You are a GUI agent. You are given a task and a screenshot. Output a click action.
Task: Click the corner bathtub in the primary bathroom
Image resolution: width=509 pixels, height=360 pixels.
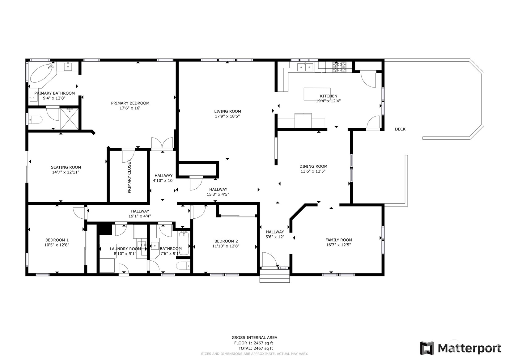(x=42, y=73)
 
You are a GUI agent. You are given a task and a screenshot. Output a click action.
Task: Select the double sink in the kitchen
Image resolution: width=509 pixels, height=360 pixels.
(x=305, y=67)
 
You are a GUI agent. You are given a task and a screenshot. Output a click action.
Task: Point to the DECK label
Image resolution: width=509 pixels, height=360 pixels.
(x=400, y=129)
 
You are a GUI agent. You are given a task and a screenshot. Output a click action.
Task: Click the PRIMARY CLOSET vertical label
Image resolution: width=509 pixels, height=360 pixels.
(x=129, y=177)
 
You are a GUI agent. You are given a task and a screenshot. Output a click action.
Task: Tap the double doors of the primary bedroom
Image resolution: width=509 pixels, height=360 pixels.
(x=162, y=144)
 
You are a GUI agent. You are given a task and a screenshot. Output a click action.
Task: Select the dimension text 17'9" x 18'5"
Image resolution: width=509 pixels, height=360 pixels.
(x=227, y=117)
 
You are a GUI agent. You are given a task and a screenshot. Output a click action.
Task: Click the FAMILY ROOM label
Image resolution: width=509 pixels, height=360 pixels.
(x=339, y=240)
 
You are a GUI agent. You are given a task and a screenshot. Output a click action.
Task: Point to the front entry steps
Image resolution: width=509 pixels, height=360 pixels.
(x=274, y=276)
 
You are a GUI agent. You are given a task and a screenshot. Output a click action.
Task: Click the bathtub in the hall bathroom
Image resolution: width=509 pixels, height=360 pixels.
(x=184, y=244)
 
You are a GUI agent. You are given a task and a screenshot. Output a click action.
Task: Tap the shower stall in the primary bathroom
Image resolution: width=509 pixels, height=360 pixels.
(x=70, y=119)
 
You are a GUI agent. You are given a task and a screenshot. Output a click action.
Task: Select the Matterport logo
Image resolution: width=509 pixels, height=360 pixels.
(x=460, y=348)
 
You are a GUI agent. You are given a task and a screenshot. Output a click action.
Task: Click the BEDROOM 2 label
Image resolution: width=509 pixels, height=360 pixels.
(x=226, y=241)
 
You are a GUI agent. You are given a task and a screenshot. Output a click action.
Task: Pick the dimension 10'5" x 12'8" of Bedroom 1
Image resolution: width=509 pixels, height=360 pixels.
(x=57, y=245)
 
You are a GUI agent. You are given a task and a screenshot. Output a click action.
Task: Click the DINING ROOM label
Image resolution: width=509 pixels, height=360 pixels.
(x=313, y=166)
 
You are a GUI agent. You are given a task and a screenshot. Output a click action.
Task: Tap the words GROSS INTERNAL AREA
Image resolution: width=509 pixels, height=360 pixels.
(x=254, y=338)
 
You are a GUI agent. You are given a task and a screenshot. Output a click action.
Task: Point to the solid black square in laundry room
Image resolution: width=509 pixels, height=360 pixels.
(x=104, y=230)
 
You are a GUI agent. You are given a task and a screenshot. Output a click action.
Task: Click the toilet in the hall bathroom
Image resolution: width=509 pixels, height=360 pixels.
(x=183, y=266)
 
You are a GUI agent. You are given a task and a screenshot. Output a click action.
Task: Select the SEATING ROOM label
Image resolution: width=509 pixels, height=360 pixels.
(x=66, y=167)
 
